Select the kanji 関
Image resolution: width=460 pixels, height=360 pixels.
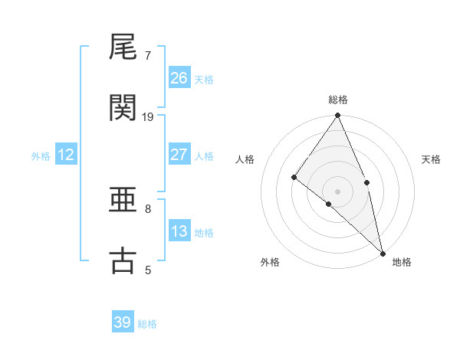pyautogui.click(x=123, y=108)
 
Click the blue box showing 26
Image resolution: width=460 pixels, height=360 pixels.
pyautogui.click(x=179, y=77)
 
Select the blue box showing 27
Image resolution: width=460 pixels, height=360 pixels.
pyautogui.click(x=179, y=154)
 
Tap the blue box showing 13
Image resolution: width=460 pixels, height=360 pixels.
pyautogui.click(x=179, y=231)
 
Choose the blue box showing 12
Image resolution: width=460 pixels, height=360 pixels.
pyautogui.click(x=66, y=155)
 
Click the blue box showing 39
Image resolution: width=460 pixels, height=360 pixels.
pyautogui.click(x=123, y=322)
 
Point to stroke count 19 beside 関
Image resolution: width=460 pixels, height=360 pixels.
pyautogui.click(x=149, y=116)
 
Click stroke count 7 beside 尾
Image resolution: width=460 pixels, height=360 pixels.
pyautogui.click(x=148, y=55)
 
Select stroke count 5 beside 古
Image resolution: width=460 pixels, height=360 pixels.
pyautogui.click(x=148, y=270)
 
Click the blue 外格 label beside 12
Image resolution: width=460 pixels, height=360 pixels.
pyautogui.click(x=41, y=155)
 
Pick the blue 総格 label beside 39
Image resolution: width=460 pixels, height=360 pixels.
pyautogui.click(x=147, y=324)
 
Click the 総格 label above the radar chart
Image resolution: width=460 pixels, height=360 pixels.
pyautogui.click(x=338, y=100)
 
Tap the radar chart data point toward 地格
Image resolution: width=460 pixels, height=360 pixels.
pyautogui.click(x=383, y=252)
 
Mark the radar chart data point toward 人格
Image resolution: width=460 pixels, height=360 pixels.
pyautogui.click(x=294, y=177)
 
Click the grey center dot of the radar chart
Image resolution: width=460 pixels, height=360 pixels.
pyautogui.click(x=338, y=191)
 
